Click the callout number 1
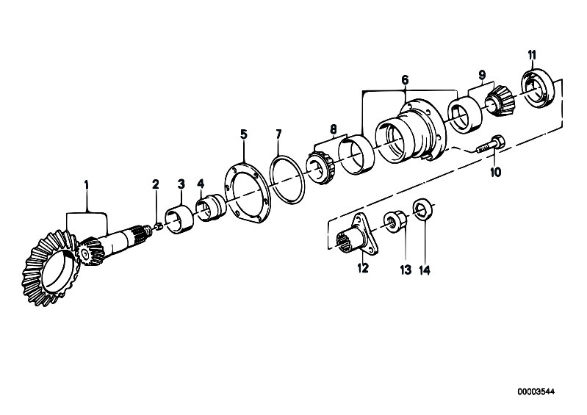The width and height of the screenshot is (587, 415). pos(87,185)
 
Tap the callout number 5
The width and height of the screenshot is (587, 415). pos(244,134)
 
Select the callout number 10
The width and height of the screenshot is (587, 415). pos(495,173)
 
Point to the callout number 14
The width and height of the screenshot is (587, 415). pos(425,270)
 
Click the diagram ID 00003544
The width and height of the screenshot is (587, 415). pos(536,391)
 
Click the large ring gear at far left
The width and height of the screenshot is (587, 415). pos(51,268)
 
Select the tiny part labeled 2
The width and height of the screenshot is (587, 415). pos(158,226)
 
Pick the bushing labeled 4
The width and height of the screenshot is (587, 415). pos(211,207)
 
